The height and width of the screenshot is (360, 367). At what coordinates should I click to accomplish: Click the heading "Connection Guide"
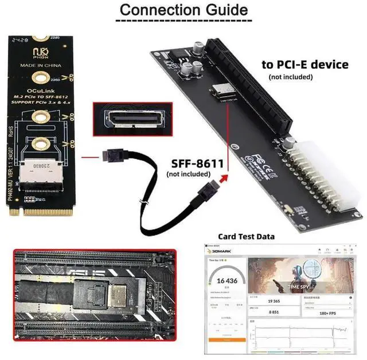point(183,10)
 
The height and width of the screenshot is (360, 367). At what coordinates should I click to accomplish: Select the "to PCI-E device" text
point(304,64)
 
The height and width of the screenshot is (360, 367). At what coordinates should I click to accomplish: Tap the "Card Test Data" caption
point(246,236)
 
